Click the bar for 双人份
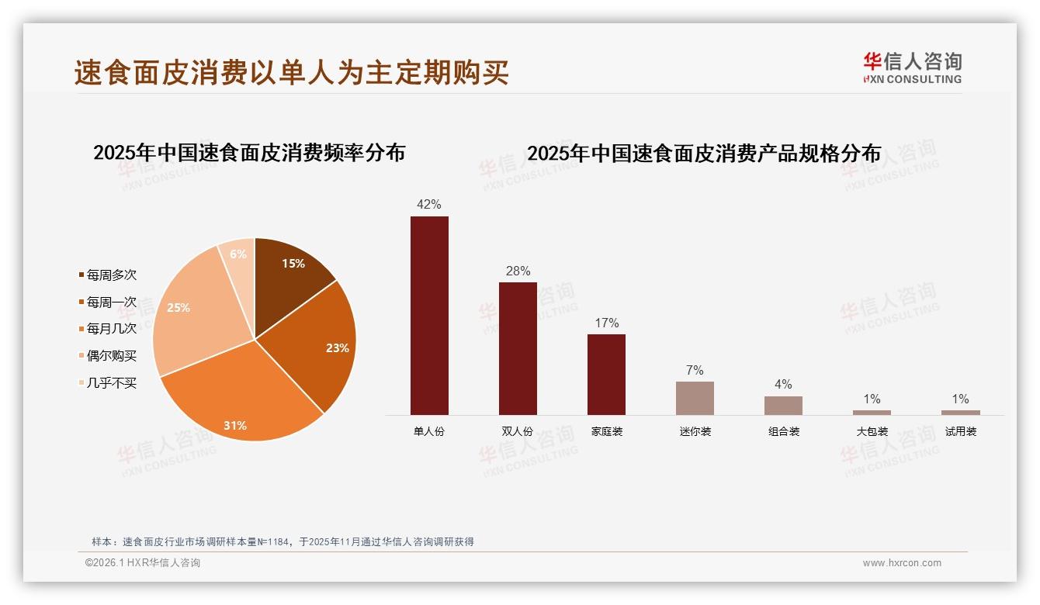click(518, 348)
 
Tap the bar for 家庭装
click(606, 375)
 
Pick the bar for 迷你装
click(695, 398)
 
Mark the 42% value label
click(429, 205)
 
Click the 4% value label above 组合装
click(783, 385)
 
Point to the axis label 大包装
click(872, 432)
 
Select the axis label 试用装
click(960, 432)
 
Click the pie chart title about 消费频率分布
click(249, 153)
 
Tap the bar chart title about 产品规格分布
click(704, 154)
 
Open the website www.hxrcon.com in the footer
click(902, 563)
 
